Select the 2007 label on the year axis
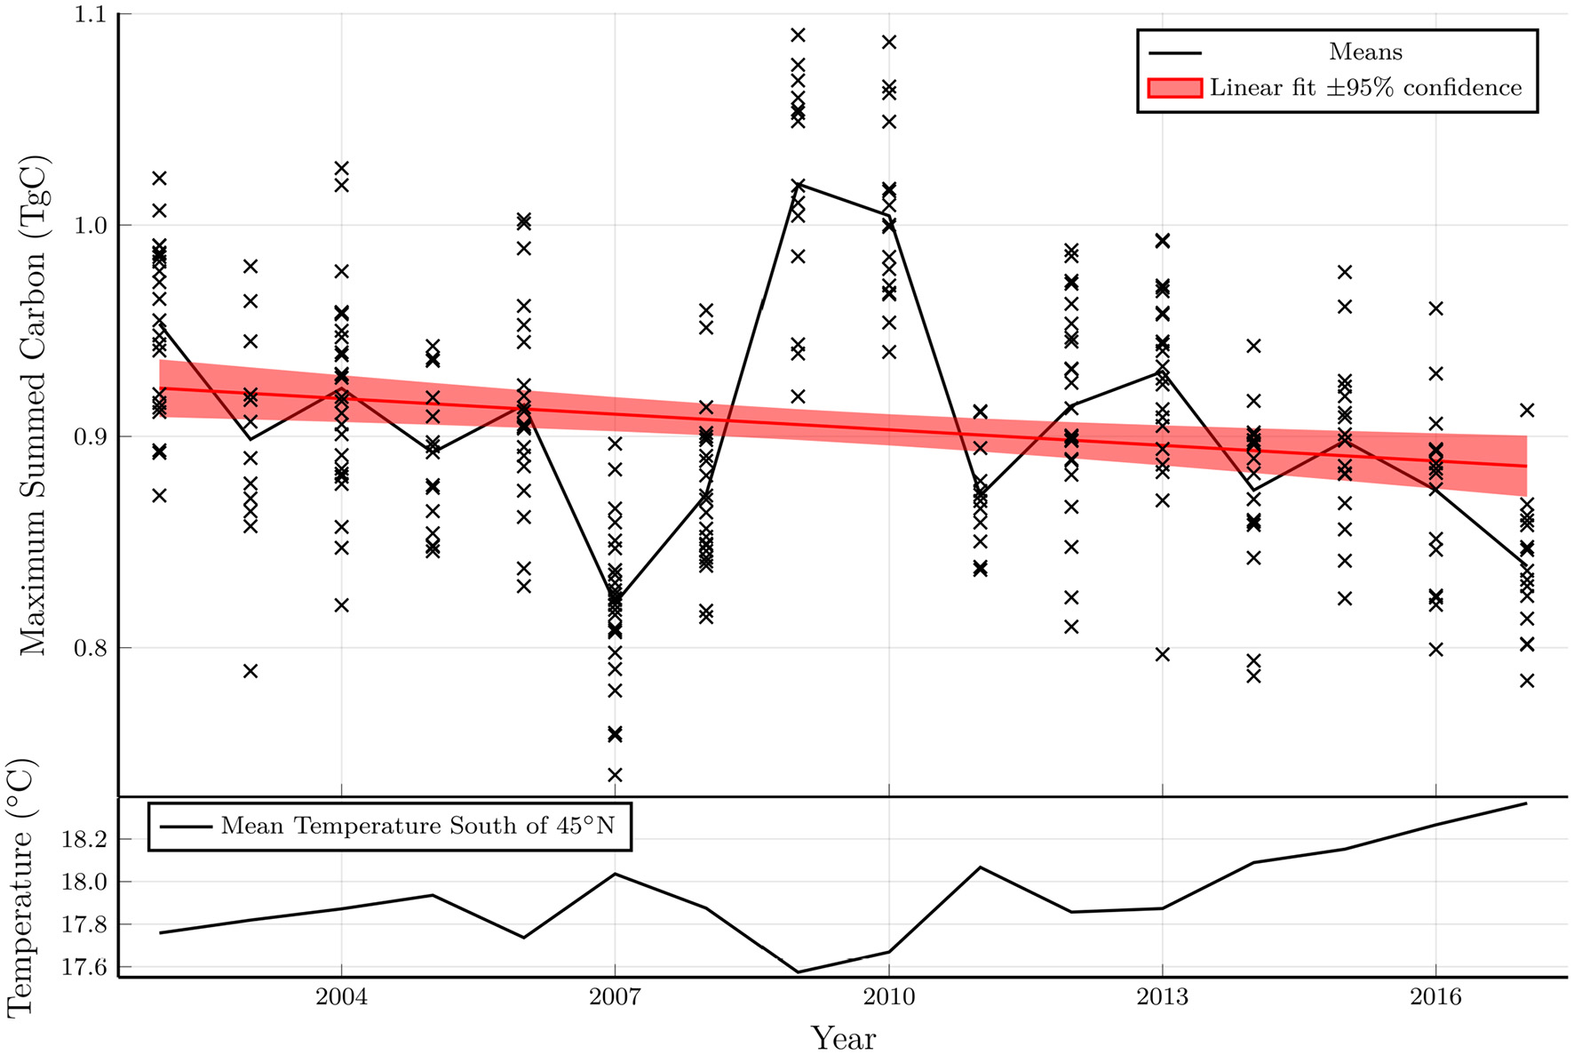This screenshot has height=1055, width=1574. pos(615,997)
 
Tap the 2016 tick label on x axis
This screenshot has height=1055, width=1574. pos(1435,997)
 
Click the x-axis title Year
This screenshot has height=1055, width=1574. pos(843,1037)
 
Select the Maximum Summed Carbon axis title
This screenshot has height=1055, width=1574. pos(34,405)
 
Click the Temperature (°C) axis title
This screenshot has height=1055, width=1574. pos(20,887)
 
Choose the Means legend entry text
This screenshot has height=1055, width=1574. pos(1364,52)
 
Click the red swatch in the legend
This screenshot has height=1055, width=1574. pos(1174,88)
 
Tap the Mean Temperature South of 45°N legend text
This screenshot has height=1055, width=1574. pos(417,826)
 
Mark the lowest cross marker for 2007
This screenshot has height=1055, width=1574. pos(615,775)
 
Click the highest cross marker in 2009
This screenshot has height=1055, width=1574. pos(798,35)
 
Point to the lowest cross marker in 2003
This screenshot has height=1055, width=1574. pos(250,671)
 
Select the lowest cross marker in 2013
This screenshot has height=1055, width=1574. pos(1162,654)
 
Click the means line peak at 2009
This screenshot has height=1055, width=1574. pos(798,182)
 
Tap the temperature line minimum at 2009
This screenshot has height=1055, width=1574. pos(798,972)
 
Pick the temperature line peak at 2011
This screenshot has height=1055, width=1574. pos(980,867)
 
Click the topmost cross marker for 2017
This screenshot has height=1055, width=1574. pos(1527,410)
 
